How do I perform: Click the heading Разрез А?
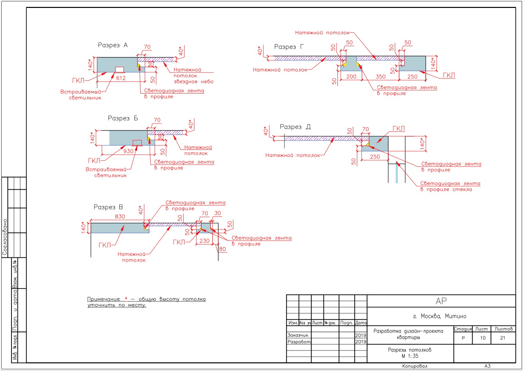click(x=113, y=45)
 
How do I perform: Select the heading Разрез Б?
click(x=123, y=118)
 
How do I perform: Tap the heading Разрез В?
click(x=108, y=207)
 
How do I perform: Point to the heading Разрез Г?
click(x=289, y=47)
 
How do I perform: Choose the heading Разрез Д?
click(x=295, y=127)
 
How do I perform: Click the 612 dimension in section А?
click(x=121, y=78)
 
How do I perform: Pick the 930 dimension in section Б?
click(x=128, y=151)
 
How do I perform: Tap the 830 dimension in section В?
click(x=120, y=216)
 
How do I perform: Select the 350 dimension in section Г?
click(x=380, y=76)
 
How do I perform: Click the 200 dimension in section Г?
click(x=351, y=76)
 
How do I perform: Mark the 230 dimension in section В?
click(x=204, y=241)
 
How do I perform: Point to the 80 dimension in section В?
click(x=222, y=249)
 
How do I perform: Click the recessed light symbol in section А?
click(x=119, y=70)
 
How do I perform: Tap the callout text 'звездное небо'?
click(x=193, y=82)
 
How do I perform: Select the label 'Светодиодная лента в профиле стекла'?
click(x=450, y=186)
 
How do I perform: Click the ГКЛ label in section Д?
click(x=398, y=128)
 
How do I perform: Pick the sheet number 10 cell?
click(x=482, y=338)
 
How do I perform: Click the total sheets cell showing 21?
click(x=503, y=338)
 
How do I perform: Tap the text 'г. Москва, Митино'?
click(x=440, y=316)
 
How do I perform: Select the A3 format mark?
click(x=487, y=366)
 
